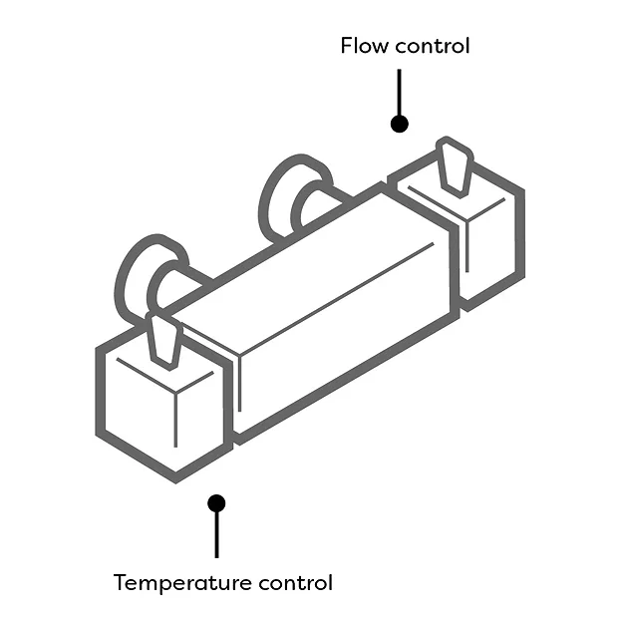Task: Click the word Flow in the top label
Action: pos(363,46)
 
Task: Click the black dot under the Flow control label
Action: pos(400,124)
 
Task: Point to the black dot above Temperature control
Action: pos(216,503)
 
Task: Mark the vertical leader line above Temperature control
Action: pos(216,533)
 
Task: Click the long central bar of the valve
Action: pos(329,309)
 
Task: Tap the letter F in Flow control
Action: pos(347,46)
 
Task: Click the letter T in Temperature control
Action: pos(121,582)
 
